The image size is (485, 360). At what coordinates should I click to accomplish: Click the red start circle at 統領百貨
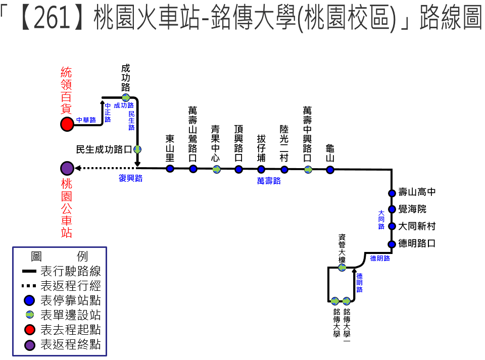(67, 124)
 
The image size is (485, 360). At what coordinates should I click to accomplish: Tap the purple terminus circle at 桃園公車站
(67, 168)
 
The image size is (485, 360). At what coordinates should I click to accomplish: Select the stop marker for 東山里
(170, 169)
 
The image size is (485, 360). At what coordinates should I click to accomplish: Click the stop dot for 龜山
(330, 170)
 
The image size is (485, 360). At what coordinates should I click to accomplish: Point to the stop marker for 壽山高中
(392, 193)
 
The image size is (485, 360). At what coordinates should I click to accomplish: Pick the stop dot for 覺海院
(392, 209)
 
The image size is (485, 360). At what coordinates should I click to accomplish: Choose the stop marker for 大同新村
(392, 226)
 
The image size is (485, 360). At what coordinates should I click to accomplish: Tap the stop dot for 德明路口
(392, 244)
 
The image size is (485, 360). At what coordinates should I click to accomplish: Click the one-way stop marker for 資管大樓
(342, 268)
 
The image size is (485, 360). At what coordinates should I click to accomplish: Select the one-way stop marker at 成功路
(126, 97)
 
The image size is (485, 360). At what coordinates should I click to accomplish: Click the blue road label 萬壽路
(269, 181)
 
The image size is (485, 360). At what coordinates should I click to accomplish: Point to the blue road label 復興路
(130, 178)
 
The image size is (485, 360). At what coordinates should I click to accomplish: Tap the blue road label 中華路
(86, 120)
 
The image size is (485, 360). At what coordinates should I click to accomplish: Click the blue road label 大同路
(381, 220)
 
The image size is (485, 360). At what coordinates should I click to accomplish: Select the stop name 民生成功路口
(104, 149)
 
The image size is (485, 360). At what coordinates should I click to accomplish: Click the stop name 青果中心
(215, 143)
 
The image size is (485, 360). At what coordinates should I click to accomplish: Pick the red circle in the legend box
(30, 330)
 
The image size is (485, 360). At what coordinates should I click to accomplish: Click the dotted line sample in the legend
(29, 286)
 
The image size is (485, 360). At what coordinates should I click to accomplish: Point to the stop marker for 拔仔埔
(261, 169)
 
